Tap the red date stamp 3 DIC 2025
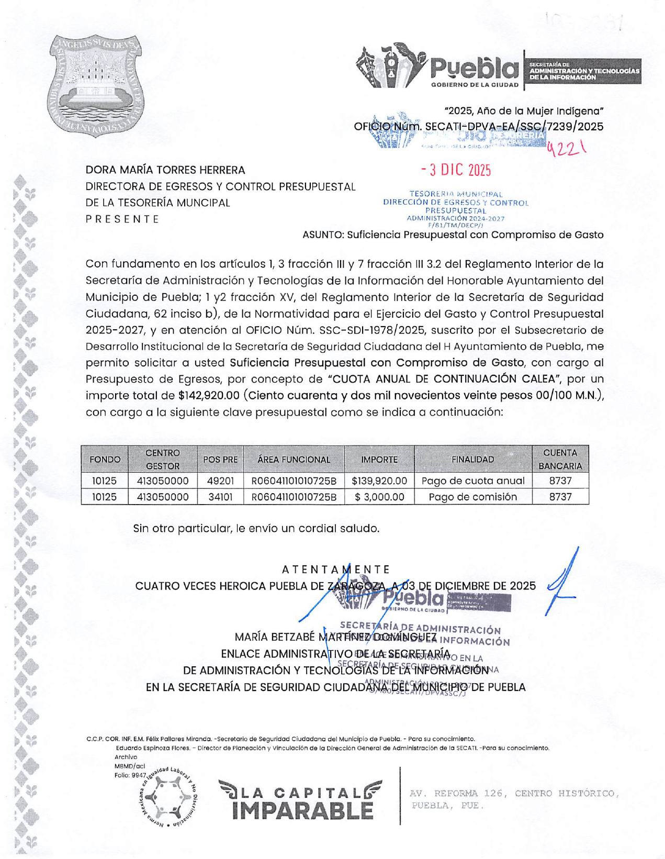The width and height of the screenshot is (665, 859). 456,170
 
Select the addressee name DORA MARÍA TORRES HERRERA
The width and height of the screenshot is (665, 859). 165,170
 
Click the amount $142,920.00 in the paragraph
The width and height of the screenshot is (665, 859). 209,395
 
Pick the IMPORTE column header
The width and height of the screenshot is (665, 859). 379,460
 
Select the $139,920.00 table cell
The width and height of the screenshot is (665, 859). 379,481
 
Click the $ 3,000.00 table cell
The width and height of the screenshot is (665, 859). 379,497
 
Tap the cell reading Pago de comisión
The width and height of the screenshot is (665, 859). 472,497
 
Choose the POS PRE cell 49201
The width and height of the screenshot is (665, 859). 220,481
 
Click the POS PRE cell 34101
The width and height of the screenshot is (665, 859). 220,497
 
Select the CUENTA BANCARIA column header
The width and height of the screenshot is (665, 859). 560,459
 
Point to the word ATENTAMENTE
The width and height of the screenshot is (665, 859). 336,570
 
